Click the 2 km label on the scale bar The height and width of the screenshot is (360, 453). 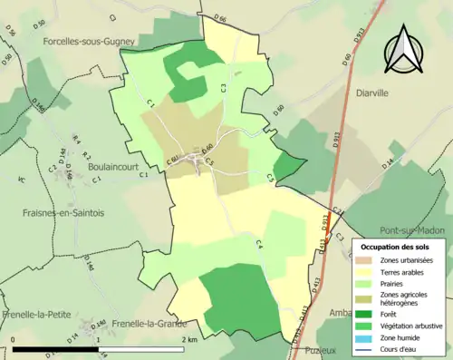pyautogui.click(x=189, y=339)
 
